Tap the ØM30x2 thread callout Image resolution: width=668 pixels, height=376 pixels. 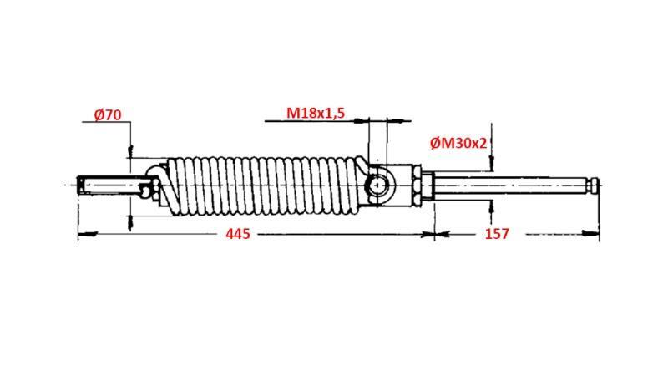pos(458,143)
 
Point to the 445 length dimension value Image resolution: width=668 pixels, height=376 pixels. pos(238,235)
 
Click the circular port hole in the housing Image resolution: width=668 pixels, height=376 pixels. pos(378,184)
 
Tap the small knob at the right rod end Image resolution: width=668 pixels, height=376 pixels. pos(594,184)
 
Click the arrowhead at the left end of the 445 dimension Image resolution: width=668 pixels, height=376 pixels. pos(81,235)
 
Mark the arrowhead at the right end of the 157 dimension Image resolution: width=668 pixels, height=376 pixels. pos(596,235)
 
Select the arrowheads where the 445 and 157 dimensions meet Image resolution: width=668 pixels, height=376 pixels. pos(434,235)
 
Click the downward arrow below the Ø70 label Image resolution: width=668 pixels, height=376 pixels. pos(130,151)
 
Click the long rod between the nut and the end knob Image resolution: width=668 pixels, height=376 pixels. pos(509,184)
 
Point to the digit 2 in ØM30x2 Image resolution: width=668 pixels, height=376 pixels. pos(483,143)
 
